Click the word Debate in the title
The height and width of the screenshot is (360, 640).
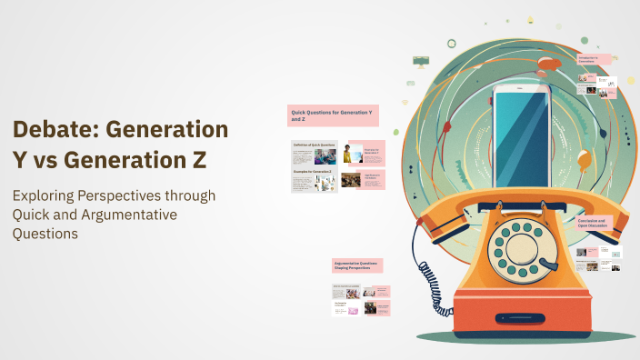point(52,129)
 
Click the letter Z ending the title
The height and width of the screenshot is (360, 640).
point(197,159)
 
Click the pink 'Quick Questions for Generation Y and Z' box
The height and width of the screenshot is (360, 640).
point(332,115)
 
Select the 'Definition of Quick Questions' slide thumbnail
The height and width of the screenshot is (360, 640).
point(314,152)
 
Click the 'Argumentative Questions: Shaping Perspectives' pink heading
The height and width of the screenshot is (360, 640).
point(357,265)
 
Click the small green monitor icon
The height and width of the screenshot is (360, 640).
point(421,62)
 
